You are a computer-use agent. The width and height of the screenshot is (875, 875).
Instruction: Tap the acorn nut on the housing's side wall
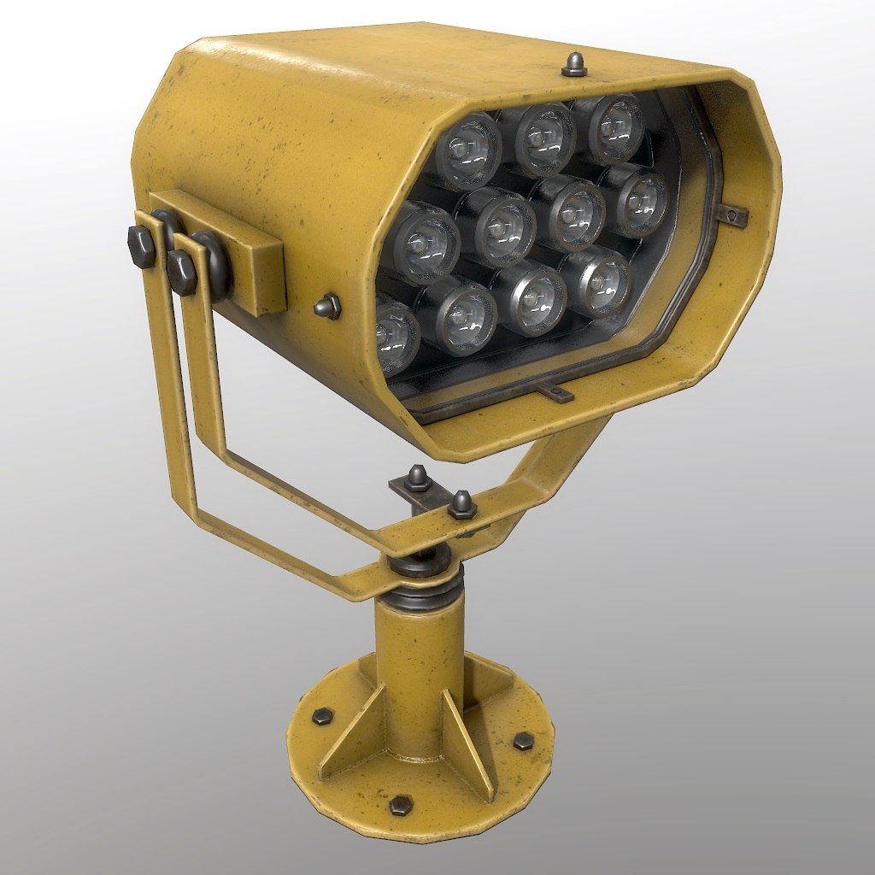pyautogui.click(x=327, y=305)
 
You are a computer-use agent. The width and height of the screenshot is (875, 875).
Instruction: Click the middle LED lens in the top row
pyautogui.click(x=543, y=139)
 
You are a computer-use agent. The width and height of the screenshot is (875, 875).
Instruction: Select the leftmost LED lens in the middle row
pyautogui.click(x=424, y=242)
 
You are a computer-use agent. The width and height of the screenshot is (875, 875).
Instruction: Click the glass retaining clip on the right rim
pyautogui.click(x=734, y=214)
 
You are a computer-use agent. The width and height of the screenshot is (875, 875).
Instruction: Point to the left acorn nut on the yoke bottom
pyautogui.click(x=419, y=476)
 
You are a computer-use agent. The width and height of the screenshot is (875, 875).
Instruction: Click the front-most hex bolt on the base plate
pyautogui.click(x=400, y=804)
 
